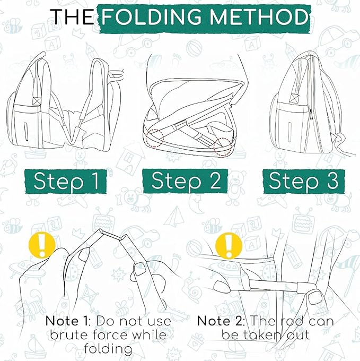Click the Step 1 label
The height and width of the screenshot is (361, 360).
[x=66, y=181]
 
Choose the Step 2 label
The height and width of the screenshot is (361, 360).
[x=186, y=181]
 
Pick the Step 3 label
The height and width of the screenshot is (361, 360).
[x=303, y=181]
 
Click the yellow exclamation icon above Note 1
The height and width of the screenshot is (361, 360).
[x=42, y=245]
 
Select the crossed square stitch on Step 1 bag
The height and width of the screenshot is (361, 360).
[x=37, y=101]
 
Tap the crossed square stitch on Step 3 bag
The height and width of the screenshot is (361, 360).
[x=294, y=98]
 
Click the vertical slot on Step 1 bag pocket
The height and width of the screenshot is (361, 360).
[x=26, y=132]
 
